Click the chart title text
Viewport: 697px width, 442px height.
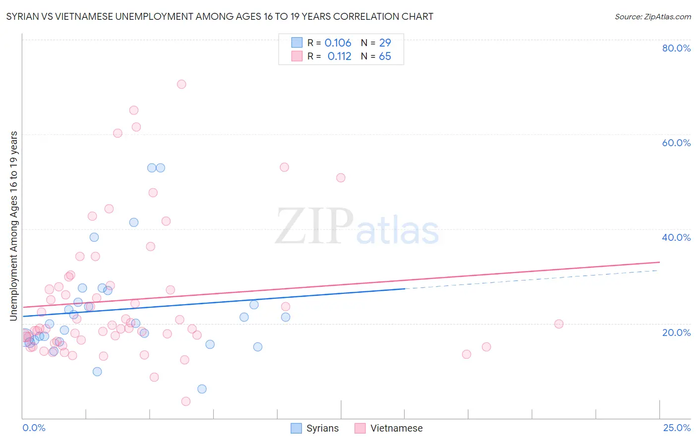220,17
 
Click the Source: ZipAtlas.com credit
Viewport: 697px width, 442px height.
652,17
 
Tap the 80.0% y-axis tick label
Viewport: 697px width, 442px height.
676,48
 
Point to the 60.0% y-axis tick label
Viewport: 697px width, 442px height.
676,143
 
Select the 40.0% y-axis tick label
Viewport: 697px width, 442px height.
676,237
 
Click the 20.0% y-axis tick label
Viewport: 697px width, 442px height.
676,332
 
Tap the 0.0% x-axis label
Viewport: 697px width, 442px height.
34,428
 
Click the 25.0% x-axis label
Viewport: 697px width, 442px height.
677,428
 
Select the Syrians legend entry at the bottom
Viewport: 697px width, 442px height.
315,428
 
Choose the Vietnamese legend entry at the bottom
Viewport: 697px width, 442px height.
389,428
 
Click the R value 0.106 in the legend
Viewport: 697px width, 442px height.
338,43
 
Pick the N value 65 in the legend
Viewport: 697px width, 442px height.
385,56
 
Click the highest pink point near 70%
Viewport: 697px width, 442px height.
181,84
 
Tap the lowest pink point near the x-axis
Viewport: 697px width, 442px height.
186,401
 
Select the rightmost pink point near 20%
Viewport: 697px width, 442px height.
559,324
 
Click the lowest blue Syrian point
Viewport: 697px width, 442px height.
202,389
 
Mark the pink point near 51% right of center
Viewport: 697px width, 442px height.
341,178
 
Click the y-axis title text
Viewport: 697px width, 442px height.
14,226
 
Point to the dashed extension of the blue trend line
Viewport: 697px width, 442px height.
530,279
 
